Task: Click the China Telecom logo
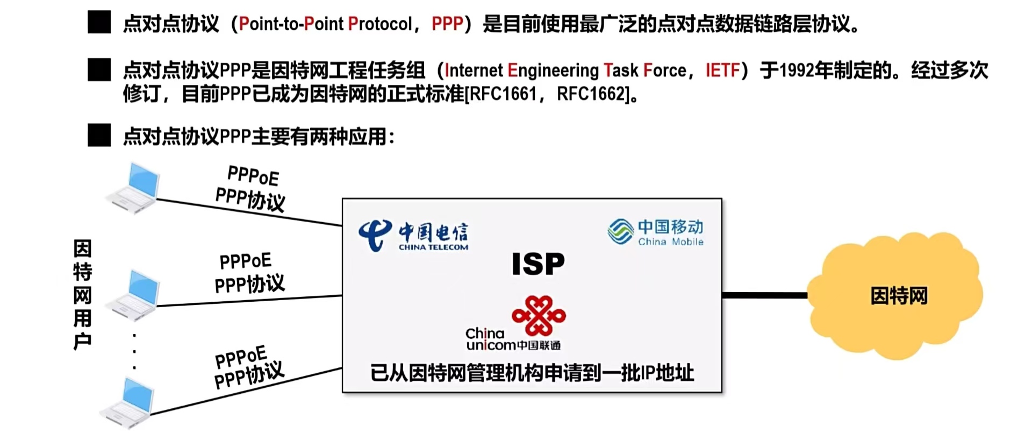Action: [413, 235]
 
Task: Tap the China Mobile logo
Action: [655, 232]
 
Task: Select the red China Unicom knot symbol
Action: [539, 316]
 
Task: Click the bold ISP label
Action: [538, 264]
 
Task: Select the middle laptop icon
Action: [133, 295]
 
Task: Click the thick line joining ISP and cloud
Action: [764, 295]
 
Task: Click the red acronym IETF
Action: [723, 70]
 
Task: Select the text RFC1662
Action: [592, 94]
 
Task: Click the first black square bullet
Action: [99, 23]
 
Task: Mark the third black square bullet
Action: [99, 136]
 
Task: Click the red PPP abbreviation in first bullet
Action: [447, 24]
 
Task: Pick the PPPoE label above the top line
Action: [253, 175]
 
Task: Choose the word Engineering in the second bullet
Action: [553, 70]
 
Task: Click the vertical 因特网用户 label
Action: [82, 295]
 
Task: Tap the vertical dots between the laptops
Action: [134, 351]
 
